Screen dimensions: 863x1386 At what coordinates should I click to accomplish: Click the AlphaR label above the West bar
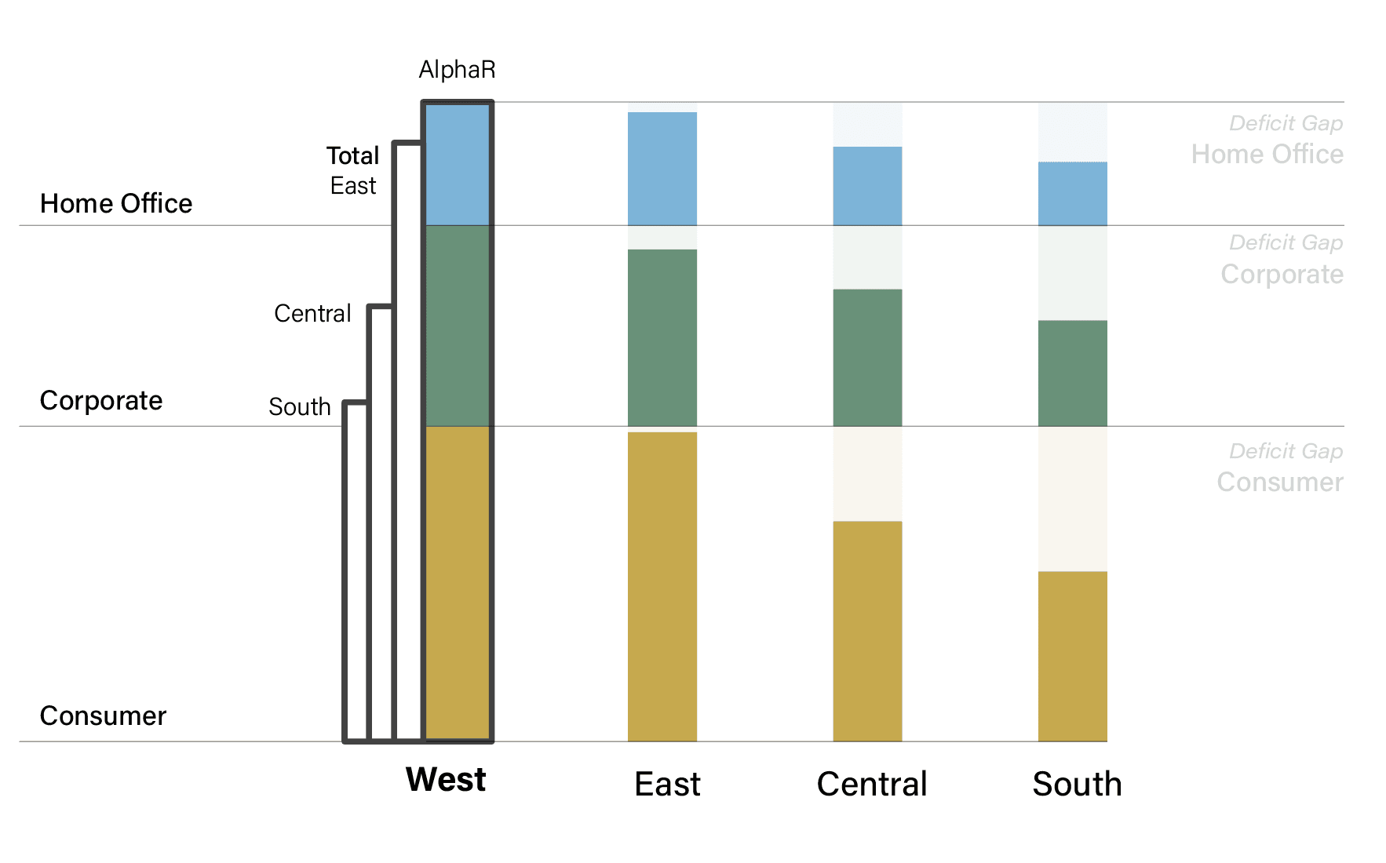[x=457, y=70]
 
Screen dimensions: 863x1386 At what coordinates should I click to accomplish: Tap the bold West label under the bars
[x=446, y=780]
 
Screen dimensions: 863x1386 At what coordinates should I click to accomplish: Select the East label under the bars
[x=667, y=784]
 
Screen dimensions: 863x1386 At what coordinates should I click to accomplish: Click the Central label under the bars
[x=872, y=784]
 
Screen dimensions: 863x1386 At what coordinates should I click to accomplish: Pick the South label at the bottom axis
[x=1077, y=784]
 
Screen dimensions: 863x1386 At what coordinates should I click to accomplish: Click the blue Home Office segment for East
[x=662, y=169]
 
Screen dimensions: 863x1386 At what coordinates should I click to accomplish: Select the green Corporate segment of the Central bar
[x=867, y=357]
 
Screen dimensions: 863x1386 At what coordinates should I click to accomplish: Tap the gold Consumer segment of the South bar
[x=1072, y=656]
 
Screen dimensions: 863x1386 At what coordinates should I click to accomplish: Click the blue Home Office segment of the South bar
[x=1072, y=194]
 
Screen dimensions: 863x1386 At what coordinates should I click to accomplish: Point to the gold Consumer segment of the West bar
[x=458, y=582]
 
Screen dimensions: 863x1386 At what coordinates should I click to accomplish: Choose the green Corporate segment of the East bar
[x=662, y=337]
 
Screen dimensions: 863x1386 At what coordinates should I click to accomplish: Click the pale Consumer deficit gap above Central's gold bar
[x=867, y=474]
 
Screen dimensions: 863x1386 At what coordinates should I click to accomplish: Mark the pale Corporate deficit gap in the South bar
[x=1072, y=273]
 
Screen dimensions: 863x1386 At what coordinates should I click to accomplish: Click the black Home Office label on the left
[x=116, y=204]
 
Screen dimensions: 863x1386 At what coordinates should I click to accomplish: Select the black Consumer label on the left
[x=103, y=716]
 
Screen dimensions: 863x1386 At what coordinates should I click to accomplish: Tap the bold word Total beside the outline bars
[x=352, y=156]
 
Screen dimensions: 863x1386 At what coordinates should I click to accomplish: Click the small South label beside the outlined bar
[x=299, y=406]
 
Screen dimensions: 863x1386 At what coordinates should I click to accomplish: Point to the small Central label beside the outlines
[x=312, y=314]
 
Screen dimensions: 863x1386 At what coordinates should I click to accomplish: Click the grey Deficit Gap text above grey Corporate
[x=1286, y=242]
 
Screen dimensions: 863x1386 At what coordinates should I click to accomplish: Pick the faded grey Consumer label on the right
[x=1279, y=482]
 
